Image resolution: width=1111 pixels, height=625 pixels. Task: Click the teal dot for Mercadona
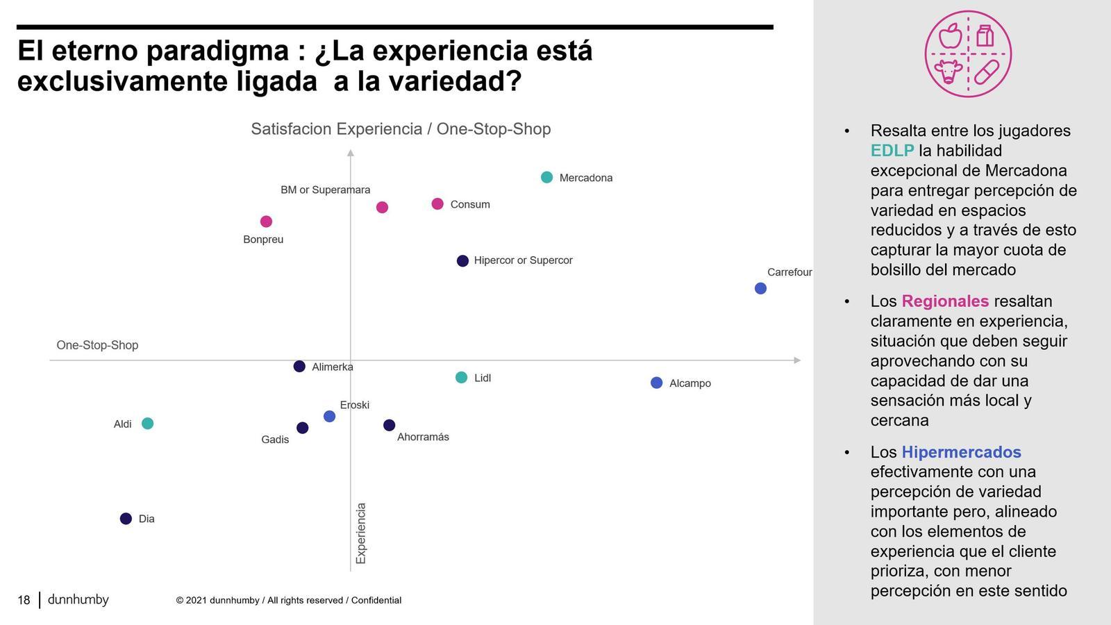pos(546,177)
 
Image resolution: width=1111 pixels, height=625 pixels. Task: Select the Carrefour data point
pos(760,288)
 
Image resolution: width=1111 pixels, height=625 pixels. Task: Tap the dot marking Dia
pos(126,519)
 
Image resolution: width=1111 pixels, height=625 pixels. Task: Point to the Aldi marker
pos(147,424)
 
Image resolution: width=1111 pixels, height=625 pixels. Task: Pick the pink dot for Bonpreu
pos(266,222)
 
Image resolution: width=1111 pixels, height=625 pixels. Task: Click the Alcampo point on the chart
pos(656,383)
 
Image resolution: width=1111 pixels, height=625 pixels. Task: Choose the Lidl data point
pos(461,378)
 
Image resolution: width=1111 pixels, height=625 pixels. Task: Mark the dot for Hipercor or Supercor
pos(462,261)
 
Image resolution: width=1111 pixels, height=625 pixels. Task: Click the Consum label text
pos(470,205)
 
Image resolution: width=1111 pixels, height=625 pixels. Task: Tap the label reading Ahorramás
pos(423,437)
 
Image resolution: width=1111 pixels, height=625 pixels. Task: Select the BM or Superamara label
pos(325,190)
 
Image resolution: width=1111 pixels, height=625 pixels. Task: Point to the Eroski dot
pos(329,417)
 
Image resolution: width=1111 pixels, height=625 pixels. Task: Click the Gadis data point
pos(302,428)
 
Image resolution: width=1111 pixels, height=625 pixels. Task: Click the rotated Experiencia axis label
pos(361,533)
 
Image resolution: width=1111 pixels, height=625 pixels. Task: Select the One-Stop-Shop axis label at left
pos(97,345)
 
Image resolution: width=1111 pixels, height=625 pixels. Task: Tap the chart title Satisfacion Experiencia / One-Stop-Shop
pos(401,129)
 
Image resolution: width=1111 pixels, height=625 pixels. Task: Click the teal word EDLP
pos(892,151)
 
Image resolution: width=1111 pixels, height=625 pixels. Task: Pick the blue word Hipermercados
pos(961,452)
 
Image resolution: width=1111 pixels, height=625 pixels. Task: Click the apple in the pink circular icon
pos(950,35)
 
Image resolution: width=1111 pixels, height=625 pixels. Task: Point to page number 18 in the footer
pos(24,600)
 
